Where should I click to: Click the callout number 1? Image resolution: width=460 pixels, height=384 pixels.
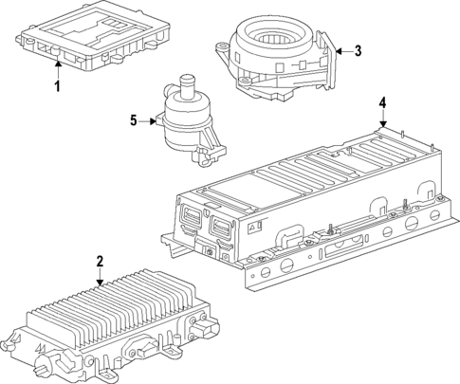[x=57, y=87]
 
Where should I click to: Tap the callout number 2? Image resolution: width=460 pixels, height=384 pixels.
[x=100, y=262]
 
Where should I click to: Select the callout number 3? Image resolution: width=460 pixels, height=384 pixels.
[x=358, y=51]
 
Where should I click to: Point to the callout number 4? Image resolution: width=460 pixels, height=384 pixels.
[x=382, y=102]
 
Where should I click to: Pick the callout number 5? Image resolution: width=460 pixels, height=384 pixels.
[x=134, y=120]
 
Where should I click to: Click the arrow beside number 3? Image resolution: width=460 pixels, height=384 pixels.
[x=341, y=51]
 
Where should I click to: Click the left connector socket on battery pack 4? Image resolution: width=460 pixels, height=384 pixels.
[x=190, y=226]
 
